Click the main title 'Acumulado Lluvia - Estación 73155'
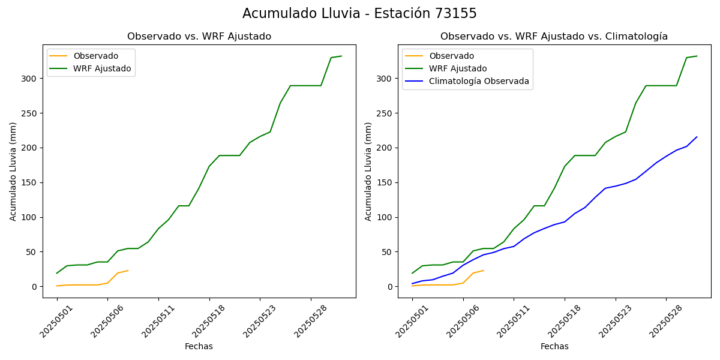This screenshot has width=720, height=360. pos(359,14)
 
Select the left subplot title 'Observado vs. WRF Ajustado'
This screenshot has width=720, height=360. pos(199,37)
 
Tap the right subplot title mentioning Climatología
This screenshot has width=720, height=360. pos(554,37)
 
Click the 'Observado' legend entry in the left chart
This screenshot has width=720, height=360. pos(95,56)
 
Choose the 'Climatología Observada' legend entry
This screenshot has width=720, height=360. pos(479,82)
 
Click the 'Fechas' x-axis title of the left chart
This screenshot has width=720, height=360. pos(199,346)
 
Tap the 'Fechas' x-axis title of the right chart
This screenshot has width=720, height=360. pos(554,346)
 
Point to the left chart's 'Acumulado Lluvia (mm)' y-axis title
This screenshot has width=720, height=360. pos(13,171)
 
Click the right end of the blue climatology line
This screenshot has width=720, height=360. pos(697,137)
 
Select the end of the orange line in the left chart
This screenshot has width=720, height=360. pos(128,271)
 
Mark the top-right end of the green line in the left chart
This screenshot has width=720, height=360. pos(341,56)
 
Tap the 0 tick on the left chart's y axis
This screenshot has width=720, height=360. pos(34,287)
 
